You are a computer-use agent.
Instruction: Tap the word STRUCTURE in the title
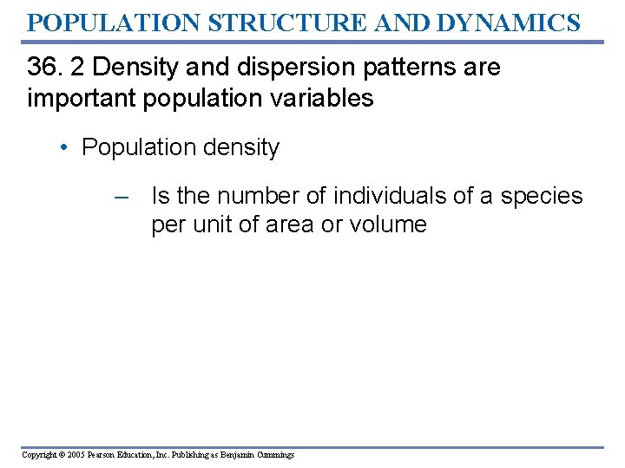pos(257,22)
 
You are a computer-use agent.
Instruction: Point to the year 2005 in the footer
pos(76,455)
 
